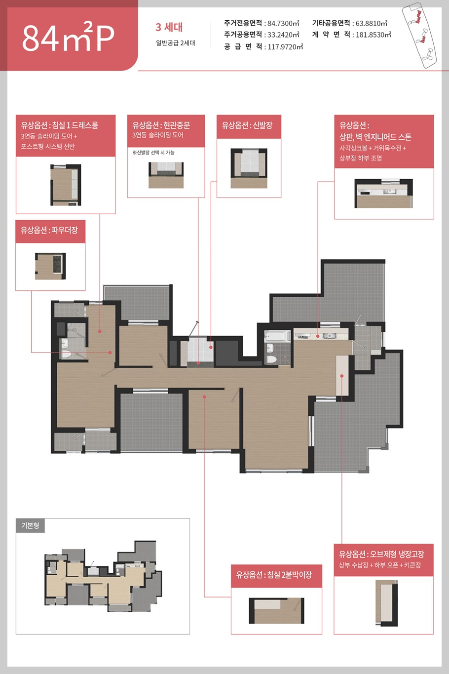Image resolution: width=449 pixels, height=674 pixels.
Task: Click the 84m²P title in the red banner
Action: point(68,38)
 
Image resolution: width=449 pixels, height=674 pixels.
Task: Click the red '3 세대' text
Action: point(169,27)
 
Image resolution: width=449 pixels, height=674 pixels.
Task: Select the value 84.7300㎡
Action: point(283,23)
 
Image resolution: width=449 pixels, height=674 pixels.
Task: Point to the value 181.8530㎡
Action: point(373,35)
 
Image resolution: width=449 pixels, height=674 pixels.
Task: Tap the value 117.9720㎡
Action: point(285,46)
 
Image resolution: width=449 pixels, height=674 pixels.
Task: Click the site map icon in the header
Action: point(419,35)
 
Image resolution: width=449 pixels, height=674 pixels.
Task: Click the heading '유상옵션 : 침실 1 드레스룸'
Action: point(60,125)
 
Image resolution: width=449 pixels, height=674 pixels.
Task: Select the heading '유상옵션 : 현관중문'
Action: point(161,125)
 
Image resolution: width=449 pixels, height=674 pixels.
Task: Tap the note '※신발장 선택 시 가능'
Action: point(153,153)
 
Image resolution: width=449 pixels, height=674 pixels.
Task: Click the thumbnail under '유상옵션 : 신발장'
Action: point(249,168)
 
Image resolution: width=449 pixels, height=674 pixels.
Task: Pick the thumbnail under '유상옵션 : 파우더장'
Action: point(50,266)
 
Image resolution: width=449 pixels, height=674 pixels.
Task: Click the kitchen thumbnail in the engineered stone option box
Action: point(384,194)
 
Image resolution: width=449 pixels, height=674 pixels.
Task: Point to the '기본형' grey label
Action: point(30,526)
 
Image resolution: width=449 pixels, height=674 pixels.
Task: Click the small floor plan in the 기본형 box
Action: point(103,576)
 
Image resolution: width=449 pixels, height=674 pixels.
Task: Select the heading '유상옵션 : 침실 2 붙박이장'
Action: point(274,575)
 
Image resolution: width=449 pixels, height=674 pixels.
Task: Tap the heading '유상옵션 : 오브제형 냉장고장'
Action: point(381,554)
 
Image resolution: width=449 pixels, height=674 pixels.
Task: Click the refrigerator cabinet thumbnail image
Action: point(387,603)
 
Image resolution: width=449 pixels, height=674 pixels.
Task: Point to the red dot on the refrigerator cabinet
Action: point(342,376)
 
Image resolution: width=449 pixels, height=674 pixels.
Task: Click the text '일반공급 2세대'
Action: point(176,43)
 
